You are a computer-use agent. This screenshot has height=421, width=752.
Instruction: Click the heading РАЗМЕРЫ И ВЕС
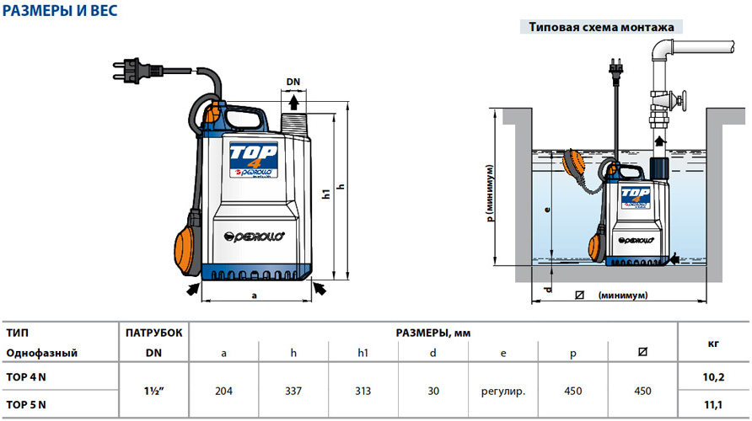60,11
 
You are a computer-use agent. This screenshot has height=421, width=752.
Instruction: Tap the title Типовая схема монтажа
601,27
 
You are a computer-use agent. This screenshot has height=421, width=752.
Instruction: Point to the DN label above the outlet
293,82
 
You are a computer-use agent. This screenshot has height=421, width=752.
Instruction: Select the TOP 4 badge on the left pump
253,159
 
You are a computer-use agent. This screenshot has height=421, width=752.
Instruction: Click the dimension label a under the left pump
255,296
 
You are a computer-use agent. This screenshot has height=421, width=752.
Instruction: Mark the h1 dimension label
326,194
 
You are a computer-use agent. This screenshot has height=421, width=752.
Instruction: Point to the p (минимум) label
490,194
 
